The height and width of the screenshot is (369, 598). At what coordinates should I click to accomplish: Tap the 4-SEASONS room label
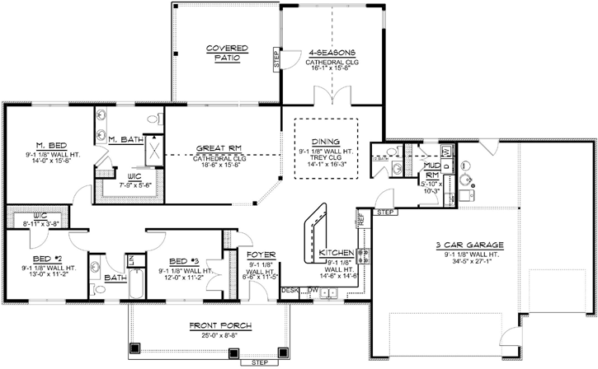point(331,54)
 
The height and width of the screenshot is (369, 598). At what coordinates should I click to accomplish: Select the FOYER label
point(261,255)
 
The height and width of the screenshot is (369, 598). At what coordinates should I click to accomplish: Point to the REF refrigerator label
point(360,219)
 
